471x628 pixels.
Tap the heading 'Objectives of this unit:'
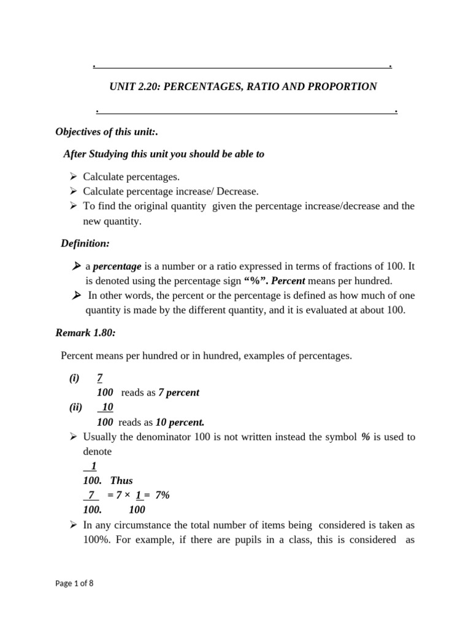[102, 132]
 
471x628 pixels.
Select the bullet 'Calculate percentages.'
[131, 176]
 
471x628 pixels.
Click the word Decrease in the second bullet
[236, 191]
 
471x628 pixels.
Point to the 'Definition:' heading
[85, 243]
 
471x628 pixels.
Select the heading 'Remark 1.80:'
[86, 333]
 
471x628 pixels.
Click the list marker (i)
[74, 378]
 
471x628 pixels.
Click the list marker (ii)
[75, 408]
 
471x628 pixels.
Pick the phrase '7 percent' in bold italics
[178, 392]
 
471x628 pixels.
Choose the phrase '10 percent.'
[180, 422]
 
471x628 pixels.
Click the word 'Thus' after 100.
[121, 480]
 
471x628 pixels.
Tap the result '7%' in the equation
[162, 495]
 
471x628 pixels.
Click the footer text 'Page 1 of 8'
[74, 583]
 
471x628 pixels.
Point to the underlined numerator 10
[107, 408]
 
